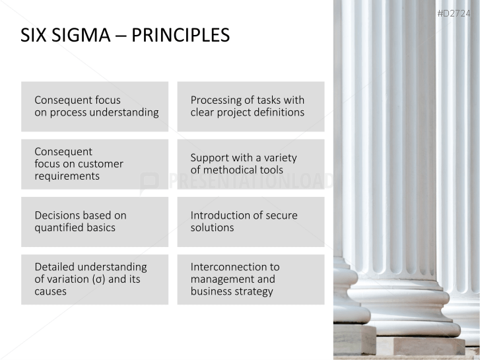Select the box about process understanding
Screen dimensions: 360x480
click(94, 106)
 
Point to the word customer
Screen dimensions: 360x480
click(100, 164)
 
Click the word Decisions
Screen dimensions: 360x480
click(57, 215)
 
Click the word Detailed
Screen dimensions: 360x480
click(55, 267)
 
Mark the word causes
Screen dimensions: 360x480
click(50, 291)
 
